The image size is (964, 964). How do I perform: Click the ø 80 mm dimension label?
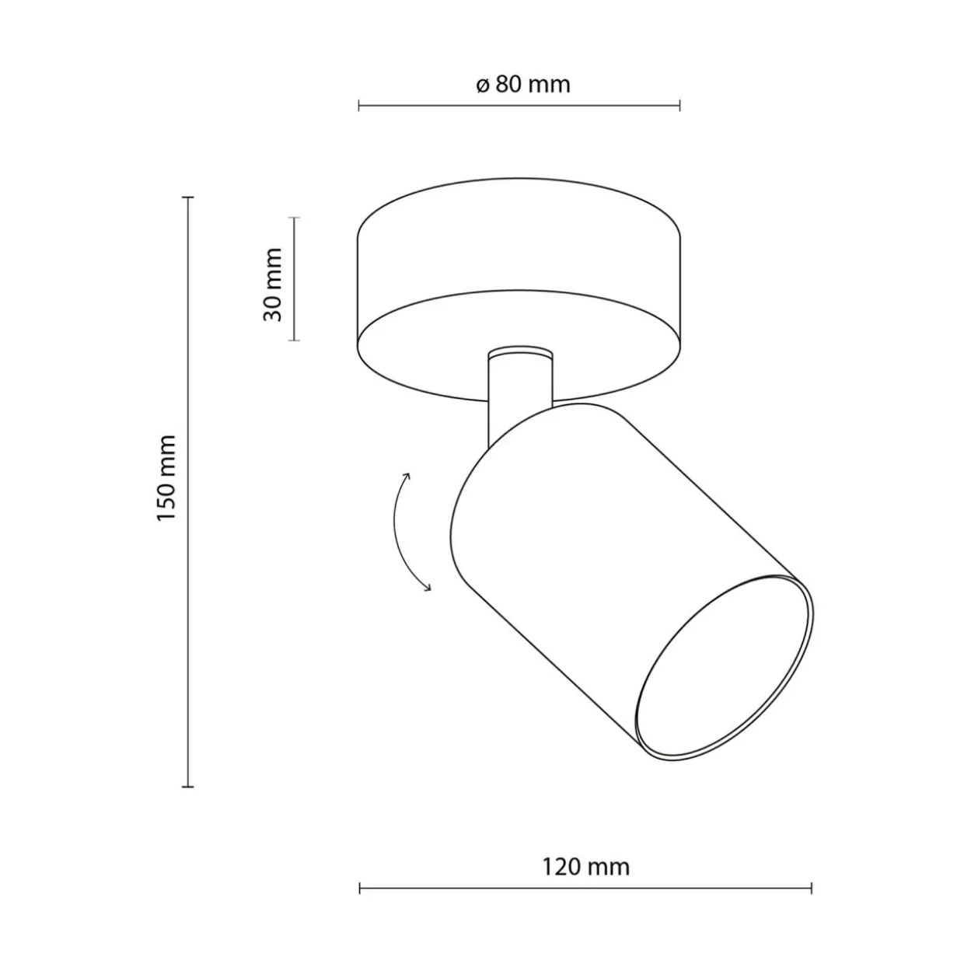[522, 85]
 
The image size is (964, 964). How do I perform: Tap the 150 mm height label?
[166, 478]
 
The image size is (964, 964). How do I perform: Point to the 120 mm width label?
[586, 867]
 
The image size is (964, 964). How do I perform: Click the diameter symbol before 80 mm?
[482, 86]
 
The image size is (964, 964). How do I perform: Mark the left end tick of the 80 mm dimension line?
[358, 106]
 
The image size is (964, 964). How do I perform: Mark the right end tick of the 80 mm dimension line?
[679, 106]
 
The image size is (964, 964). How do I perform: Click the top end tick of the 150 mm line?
[187, 198]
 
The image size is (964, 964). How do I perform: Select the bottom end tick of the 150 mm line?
[187, 787]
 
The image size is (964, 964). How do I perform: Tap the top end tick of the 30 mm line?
[294, 218]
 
